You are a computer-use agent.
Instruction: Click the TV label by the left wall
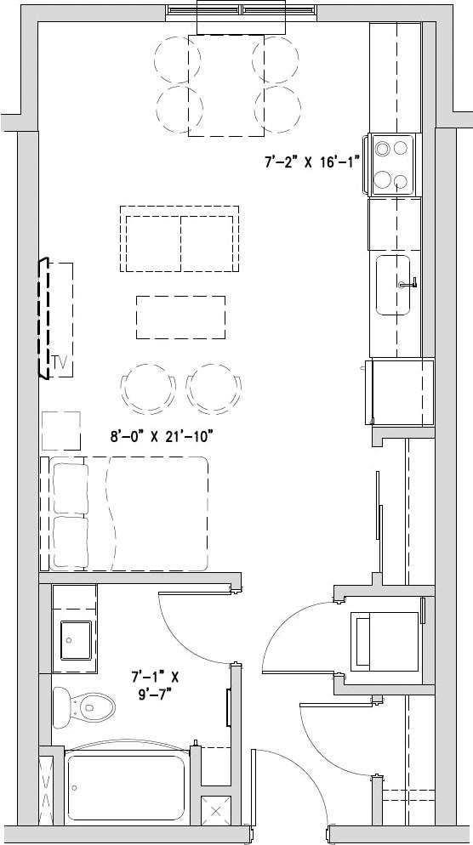(59, 362)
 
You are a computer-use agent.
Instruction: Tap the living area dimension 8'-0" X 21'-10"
(160, 436)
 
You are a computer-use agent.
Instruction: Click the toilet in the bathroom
(84, 705)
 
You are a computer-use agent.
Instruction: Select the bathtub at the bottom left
(126, 787)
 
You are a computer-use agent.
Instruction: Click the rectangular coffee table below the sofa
(181, 316)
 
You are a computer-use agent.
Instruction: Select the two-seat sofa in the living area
(180, 239)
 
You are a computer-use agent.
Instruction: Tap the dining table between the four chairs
(225, 85)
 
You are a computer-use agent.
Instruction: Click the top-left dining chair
(177, 58)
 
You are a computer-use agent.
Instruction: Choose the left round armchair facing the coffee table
(148, 388)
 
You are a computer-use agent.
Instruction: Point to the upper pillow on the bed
(70, 487)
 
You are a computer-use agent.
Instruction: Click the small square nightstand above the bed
(60, 431)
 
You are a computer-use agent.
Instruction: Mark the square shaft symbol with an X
(214, 809)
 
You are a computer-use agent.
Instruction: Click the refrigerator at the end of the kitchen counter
(399, 392)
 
